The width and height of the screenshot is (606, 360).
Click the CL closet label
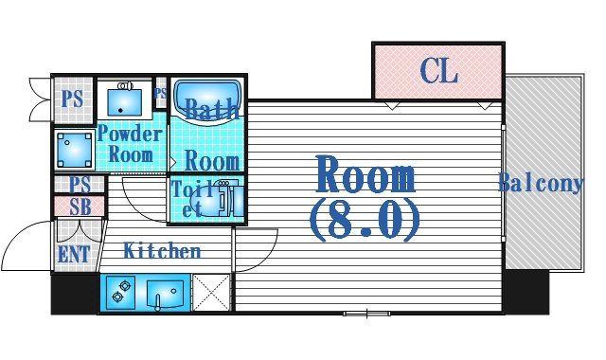[438, 70]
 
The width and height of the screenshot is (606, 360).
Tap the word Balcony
[541, 183]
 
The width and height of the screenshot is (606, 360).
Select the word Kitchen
[163, 251]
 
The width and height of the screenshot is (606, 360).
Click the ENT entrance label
[74, 254]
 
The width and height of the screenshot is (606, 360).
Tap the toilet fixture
[219, 200]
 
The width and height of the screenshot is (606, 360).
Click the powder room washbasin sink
[125, 97]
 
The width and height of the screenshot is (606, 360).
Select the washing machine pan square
[73, 148]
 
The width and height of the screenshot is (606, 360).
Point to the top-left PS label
[70, 99]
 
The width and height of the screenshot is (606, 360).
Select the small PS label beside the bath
[160, 93]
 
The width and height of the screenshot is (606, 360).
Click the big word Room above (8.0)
[365, 176]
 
